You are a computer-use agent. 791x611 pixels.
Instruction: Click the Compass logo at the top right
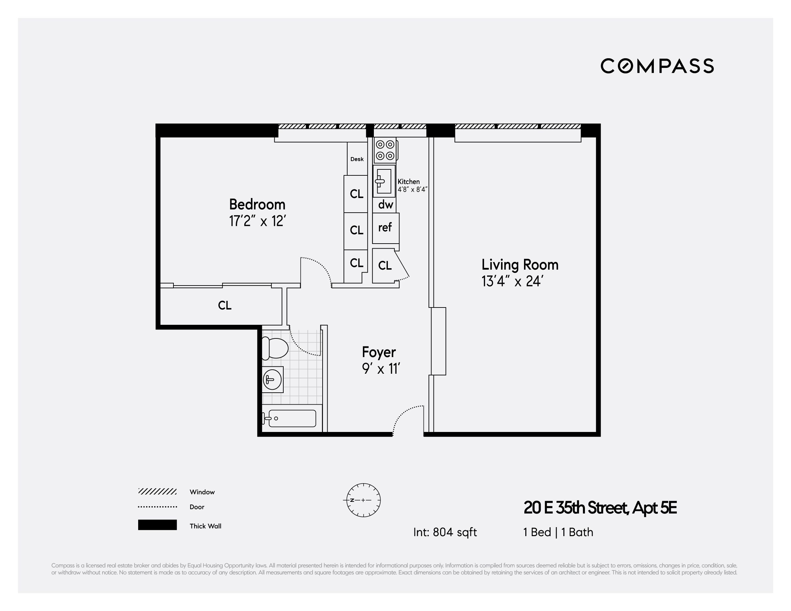point(657,66)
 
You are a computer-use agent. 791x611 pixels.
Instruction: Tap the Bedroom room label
point(257,205)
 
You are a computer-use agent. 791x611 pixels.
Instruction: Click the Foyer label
point(379,352)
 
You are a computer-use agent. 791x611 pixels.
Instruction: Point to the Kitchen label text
point(408,182)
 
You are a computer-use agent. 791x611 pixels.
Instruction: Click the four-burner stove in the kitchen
point(385,150)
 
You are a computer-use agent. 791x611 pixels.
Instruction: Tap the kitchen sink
point(384,181)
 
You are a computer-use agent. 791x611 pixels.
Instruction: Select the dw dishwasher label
point(386,205)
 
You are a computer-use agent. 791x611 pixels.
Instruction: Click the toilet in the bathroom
point(275,348)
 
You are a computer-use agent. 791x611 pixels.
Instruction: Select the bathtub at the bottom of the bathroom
point(292,418)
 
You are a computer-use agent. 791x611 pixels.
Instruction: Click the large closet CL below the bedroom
point(225,305)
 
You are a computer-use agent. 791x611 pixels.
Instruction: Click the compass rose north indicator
point(363,500)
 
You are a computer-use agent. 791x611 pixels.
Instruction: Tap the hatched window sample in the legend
point(157,492)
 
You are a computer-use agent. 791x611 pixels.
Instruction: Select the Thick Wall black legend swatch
point(157,525)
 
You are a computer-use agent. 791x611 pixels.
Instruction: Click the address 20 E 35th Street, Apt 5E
point(600,508)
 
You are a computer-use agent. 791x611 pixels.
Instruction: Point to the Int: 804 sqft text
point(445,532)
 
